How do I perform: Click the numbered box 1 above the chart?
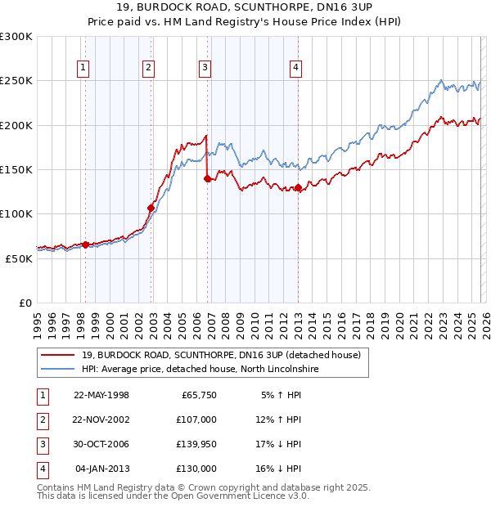[x=84, y=69]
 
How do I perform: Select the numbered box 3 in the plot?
[x=205, y=69]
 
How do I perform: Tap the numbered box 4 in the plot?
[x=294, y=69]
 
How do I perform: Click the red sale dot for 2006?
[x=207, y=178]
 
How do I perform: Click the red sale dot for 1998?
[x=85, y=244]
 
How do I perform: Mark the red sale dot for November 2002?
[x=151, y=208]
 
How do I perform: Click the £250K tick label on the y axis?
[x=16, y=81]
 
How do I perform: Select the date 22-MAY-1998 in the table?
[x=101, y=395]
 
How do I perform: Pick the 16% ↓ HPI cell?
[x=281, y=469]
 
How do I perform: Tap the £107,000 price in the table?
[x=196, y=420]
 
